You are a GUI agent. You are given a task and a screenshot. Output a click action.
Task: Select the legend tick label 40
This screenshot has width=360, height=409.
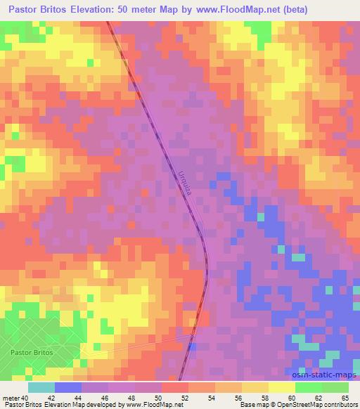click(x=25, y=398)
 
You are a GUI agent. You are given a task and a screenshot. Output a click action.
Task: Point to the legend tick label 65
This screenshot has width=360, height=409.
click(x=345, y=398)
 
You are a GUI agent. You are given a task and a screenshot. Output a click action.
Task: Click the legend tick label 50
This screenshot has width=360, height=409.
click(x=160, y=398)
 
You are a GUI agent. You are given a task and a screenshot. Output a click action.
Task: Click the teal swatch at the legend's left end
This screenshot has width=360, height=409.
click(x=41, y=387)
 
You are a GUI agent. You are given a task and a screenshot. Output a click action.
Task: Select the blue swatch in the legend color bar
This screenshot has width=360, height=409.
click(x=67, y=387)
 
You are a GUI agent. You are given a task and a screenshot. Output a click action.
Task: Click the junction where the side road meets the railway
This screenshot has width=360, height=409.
click(x=193, y=336)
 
